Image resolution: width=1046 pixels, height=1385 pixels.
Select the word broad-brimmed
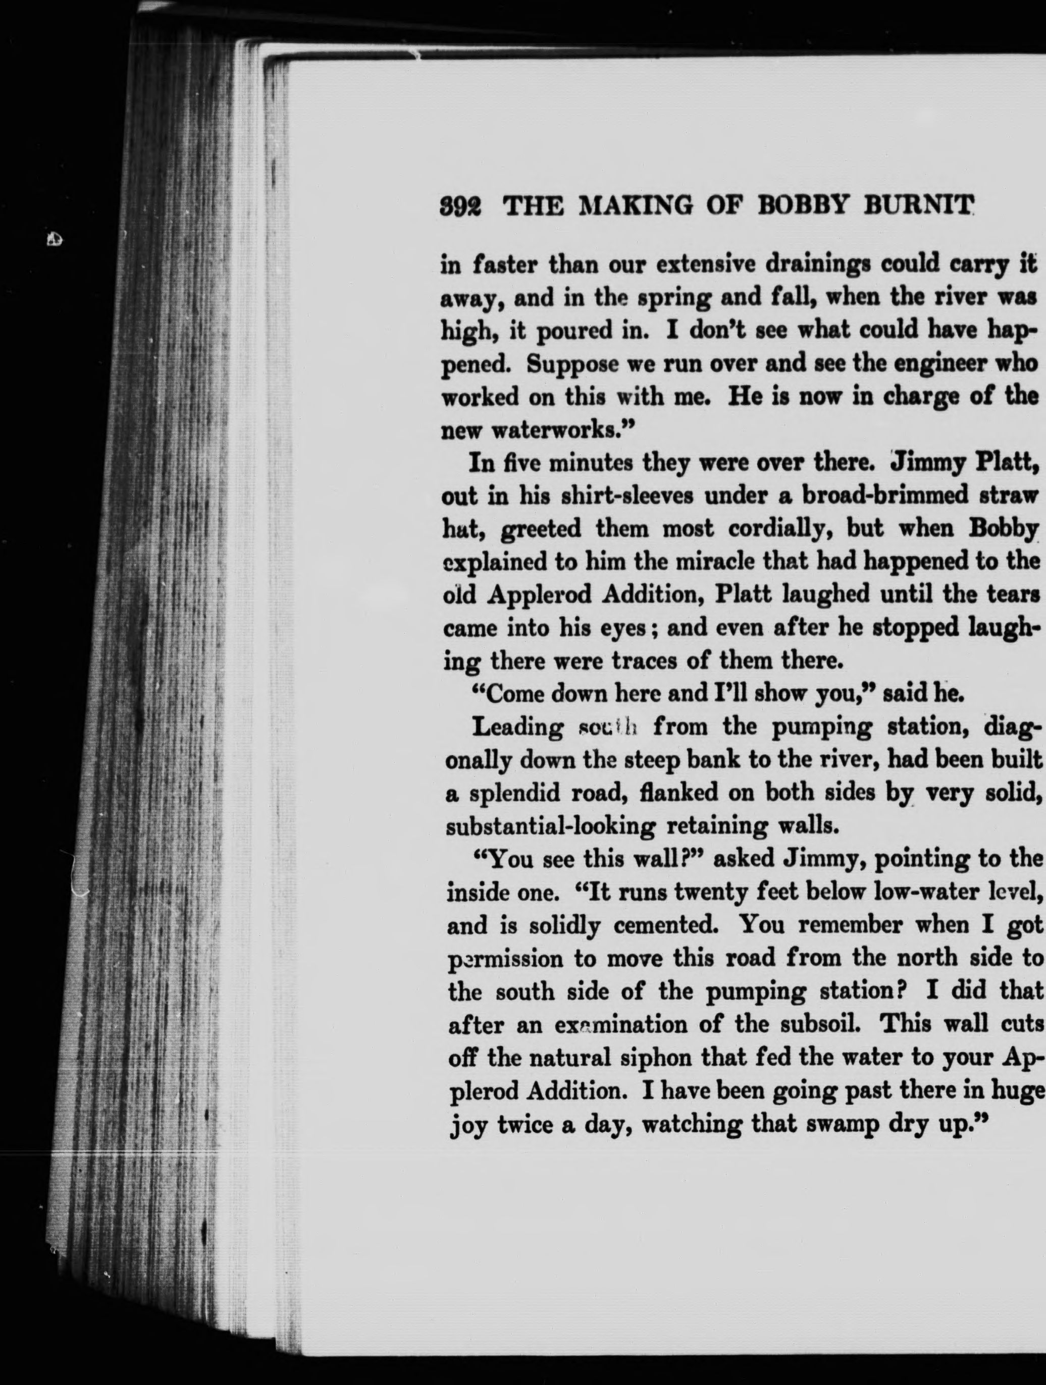click(879, 494)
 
